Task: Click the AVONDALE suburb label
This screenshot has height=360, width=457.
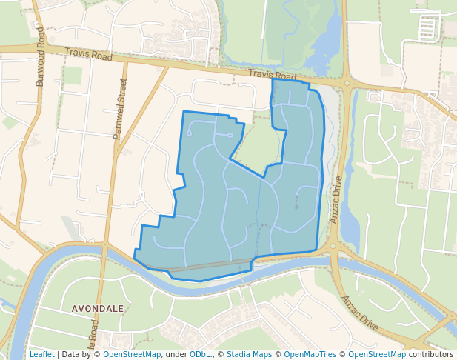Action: point(98,308)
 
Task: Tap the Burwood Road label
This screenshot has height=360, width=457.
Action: point(41,63)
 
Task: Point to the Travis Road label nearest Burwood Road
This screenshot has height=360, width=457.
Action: point(88,55)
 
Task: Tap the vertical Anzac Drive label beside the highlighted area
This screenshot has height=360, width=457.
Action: point(336,199)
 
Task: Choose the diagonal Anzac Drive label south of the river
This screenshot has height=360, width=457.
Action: point(359,313)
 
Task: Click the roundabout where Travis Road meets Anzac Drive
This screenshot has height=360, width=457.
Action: point(345,82)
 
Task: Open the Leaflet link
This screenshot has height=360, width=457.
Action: point(41,354)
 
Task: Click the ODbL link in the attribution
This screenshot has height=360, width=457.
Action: point(200,354)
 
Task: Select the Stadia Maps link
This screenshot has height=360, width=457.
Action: point(249,354)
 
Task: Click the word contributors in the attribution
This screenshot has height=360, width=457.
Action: point(430,354)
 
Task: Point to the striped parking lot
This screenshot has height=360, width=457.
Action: point(428,28)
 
